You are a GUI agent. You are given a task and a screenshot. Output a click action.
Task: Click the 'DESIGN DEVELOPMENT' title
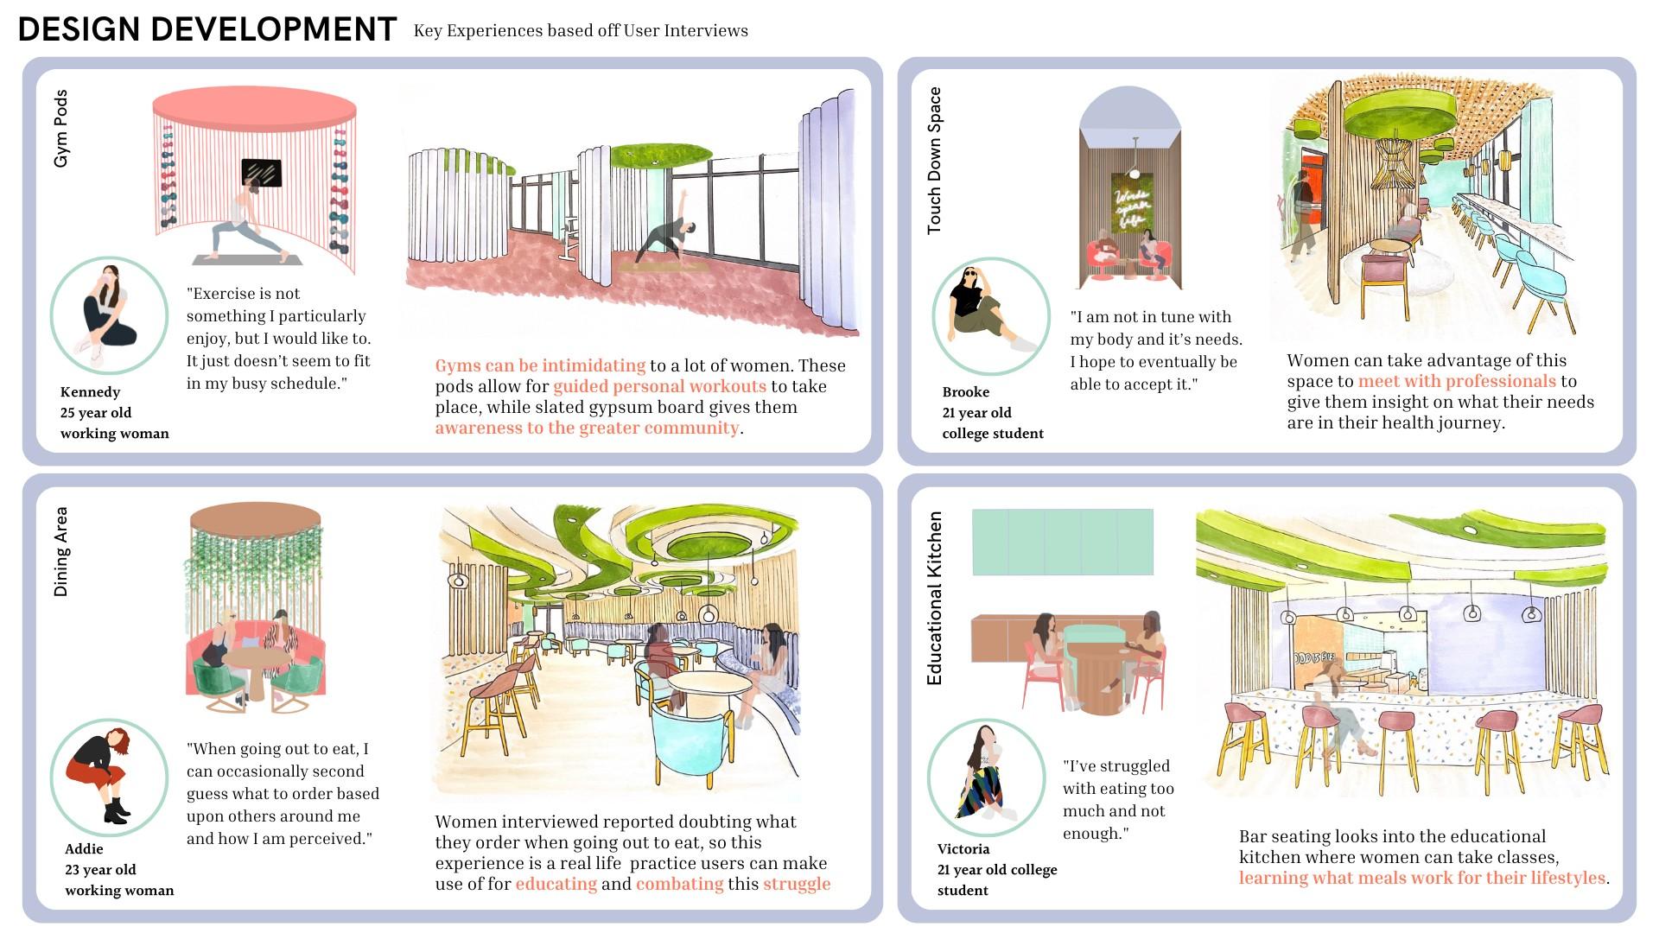point(207,29)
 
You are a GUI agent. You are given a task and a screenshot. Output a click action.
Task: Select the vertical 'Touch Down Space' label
point(934,160)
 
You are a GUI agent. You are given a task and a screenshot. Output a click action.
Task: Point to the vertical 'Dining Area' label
point(60,551)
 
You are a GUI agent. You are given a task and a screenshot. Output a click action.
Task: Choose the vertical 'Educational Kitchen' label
point(934,598)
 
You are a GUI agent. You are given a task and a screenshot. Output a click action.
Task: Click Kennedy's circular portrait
point(109,315)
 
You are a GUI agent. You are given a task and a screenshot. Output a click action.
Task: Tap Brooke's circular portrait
point(990,315)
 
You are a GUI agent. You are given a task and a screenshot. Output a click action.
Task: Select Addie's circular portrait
point(109,777)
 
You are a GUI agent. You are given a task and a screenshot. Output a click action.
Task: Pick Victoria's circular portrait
point(986,777)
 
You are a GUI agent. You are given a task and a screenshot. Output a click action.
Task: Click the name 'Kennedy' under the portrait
point(90,392)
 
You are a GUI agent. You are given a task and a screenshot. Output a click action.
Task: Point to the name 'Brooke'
point(965,392)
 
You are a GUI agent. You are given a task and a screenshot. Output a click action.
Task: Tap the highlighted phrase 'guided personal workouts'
point(659,387)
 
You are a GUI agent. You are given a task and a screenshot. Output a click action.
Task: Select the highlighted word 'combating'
point(679,885)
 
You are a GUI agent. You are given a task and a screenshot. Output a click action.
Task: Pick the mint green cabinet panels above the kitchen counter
point(1062,542)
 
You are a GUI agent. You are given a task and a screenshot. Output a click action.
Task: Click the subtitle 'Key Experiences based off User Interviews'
point(581,31)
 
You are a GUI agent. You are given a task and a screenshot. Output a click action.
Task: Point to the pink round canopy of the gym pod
point(254,109)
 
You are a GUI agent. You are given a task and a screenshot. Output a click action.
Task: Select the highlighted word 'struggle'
point(796,885)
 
